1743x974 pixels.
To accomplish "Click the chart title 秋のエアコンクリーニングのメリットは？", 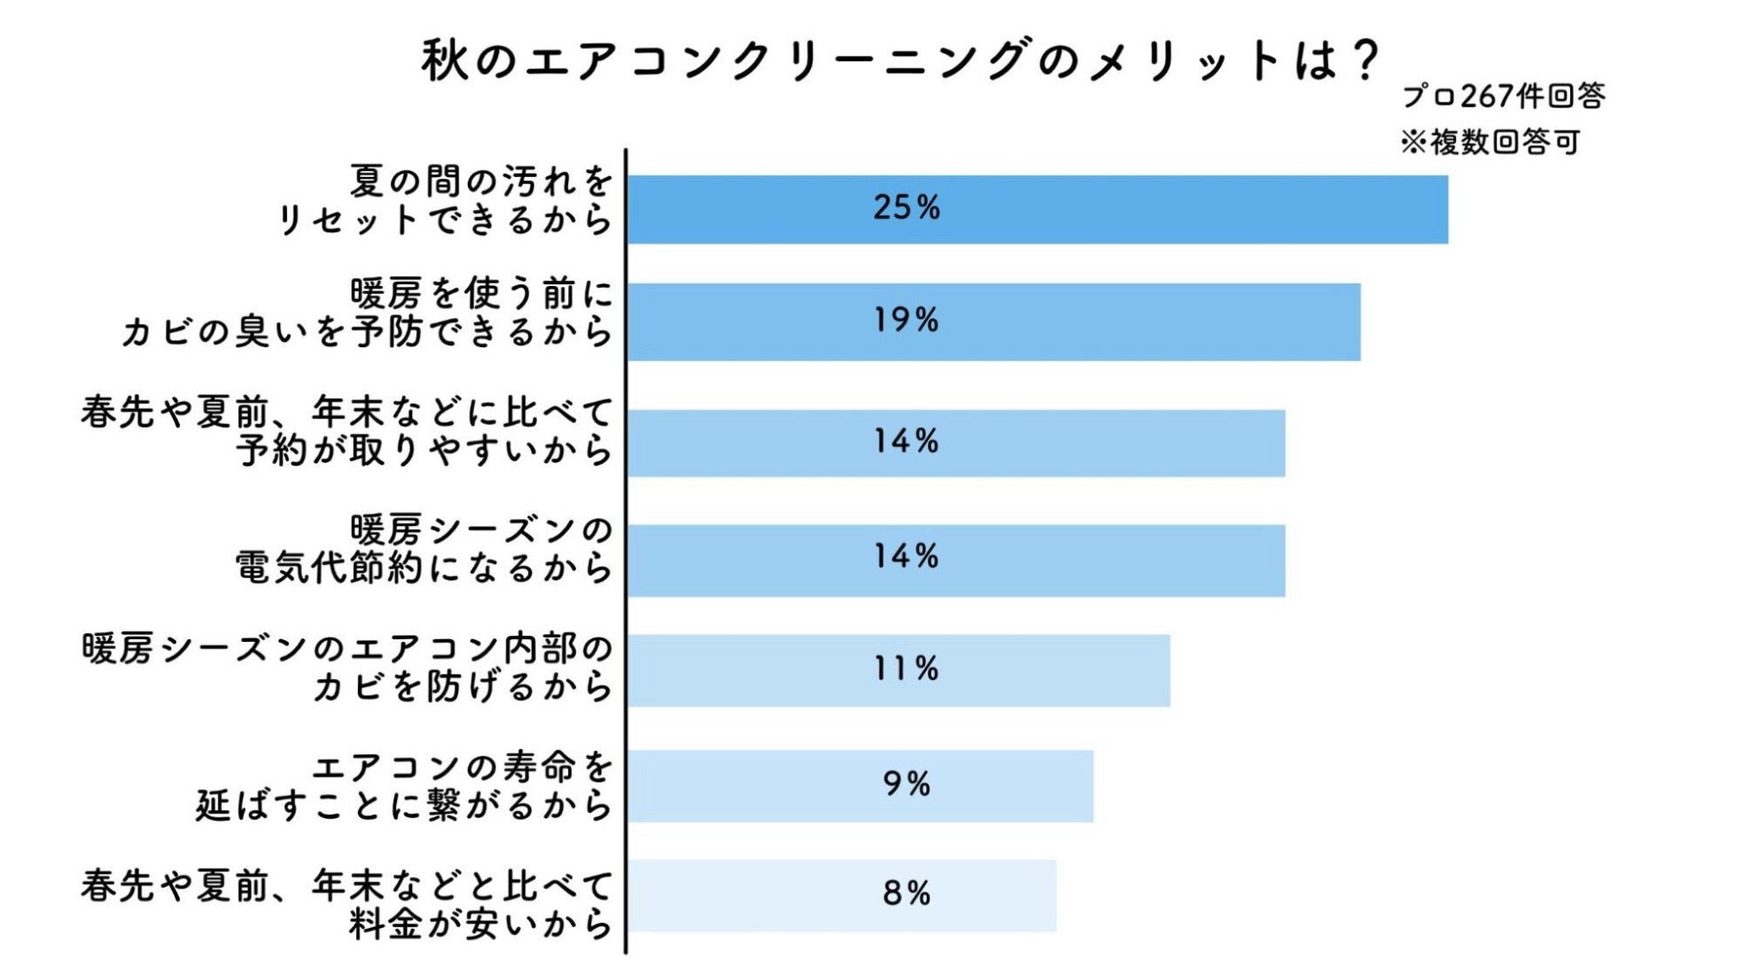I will point(899,60).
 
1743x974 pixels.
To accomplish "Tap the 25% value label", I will point(906,207).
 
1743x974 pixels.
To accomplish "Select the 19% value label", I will point(906,320).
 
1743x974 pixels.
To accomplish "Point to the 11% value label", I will point(906,669).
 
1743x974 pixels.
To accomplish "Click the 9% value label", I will point(906,784).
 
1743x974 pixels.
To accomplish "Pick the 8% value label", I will point(906,893).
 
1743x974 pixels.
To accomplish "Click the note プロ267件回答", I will point(1503,96).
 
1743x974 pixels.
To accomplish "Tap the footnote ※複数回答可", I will point(1490,142).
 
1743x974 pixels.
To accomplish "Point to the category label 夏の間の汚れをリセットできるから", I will point(445,200).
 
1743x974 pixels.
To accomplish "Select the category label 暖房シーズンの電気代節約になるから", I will point(424,549).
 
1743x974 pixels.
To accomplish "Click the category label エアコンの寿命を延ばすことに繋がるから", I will point(404,786).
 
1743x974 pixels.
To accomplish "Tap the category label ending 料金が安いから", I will point(347,904).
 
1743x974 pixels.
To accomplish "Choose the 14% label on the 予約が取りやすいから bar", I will point(906,441).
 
